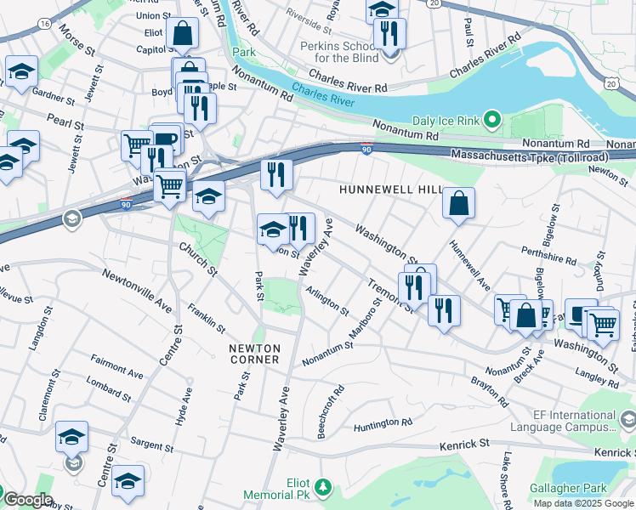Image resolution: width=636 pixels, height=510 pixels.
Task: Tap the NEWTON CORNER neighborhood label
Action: (x=253, y=354)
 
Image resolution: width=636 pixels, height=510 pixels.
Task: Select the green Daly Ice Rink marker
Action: (x=491, y=120)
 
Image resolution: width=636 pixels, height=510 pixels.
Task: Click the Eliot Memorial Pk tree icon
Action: (x=322, y=486)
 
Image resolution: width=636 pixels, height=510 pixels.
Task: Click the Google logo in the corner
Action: (x=29, y=499)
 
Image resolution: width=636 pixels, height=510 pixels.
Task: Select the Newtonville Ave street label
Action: (x=137, y=288)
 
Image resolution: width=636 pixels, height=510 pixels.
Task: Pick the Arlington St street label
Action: (x=327, y=300)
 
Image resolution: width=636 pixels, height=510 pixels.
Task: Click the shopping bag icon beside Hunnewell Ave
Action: (x=458, y=204)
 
